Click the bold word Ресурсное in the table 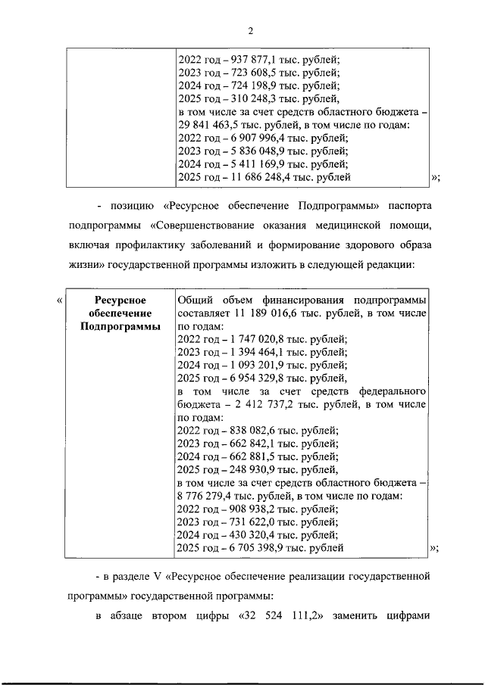click(115, 300)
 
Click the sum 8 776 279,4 click(206, 496)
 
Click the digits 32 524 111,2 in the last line click(283, 615)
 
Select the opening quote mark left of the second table click(60, 300)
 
